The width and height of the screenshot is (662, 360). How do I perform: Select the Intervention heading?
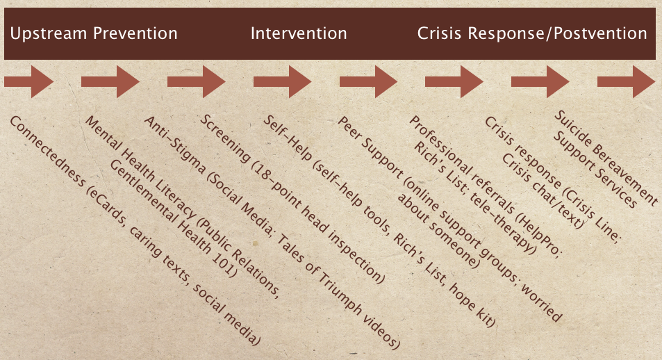pyautogui.click(x=299, y=33)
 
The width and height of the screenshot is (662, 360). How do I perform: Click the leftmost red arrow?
pyautogui.click(x=28, y=82)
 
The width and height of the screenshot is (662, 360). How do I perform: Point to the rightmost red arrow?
pyautogui.click(x=625, y=82)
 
